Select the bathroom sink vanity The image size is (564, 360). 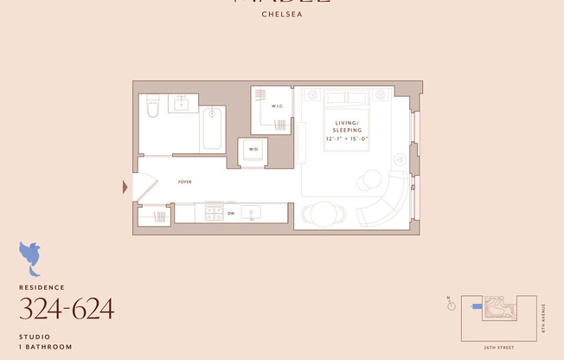(x=183, y=106)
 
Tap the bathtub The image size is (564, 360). (x=212, y=127)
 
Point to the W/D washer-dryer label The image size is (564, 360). (x=253, y=149)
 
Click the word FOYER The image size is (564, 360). (x=185, y=182)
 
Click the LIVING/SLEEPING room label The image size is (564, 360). (x=347, y=126)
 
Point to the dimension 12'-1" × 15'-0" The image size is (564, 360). (x=347, y=138)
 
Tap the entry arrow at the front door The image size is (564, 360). (x=125, y=186)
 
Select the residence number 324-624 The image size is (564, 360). (x=67, y=308)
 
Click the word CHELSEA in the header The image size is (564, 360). (x=281, y=14)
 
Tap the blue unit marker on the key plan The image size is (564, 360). (x=477, y=306)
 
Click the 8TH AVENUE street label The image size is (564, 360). (x=543, y=318)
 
